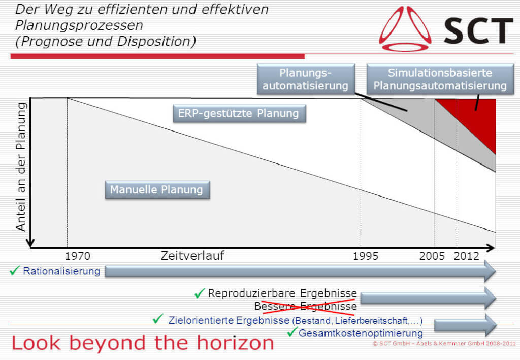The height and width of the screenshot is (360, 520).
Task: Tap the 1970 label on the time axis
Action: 77,256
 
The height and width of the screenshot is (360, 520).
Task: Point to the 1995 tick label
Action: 366,256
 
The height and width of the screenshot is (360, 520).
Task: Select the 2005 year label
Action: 432,256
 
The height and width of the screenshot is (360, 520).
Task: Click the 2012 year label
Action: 466,256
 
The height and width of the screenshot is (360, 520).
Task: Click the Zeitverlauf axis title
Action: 192,255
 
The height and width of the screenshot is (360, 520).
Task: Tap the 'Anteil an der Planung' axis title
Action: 20,167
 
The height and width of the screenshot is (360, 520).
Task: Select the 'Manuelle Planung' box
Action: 157,190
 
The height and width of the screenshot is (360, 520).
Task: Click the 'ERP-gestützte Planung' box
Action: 240,114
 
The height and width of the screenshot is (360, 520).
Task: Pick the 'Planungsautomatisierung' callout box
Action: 306,79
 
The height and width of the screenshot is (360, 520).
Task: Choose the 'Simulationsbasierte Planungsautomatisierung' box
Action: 440,79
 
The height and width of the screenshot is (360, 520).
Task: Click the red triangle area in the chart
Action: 477,116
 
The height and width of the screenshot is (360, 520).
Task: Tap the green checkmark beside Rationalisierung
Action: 15,270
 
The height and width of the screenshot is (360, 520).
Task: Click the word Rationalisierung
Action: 61,271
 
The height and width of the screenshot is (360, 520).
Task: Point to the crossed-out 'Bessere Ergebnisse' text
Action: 305,306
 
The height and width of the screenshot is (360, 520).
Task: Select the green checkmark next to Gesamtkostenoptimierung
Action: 292,332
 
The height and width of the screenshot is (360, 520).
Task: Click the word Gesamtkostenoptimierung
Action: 361,333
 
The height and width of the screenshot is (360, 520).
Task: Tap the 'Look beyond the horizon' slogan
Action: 143,343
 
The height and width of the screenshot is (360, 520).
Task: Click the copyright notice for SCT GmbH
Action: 444,343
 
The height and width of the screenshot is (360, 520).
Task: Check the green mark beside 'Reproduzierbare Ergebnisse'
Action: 200,293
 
